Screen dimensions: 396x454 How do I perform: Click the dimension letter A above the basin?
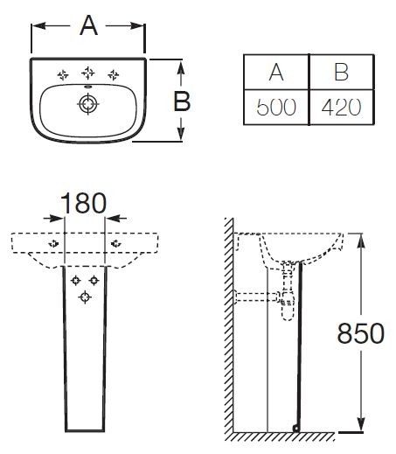(x=88, y=25)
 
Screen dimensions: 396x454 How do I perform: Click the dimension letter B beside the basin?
(x=182, y=101)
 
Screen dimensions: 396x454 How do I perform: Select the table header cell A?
(x=276, y=72)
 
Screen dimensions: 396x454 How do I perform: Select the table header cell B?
(x=342, y=72)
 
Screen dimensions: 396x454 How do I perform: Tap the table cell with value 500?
(x=276, y=107)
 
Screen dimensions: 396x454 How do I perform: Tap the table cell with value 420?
(x=342, y=107)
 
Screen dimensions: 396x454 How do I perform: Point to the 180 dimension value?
(x=84, y=203)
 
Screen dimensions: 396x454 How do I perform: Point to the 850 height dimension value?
(x=361, y=333)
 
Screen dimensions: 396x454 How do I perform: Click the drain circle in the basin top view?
(x=87, y=103)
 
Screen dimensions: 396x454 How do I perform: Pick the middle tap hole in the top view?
(x=87, y=73)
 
